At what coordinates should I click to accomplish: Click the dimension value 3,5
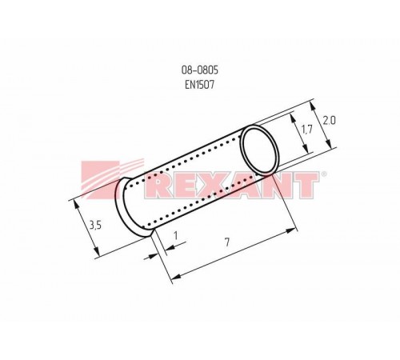pos(94,226)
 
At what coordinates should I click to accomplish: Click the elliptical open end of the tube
pos(262,149)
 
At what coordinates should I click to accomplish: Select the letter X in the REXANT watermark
pos(210,186)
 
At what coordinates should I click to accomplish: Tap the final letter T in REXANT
pos(304,186)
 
